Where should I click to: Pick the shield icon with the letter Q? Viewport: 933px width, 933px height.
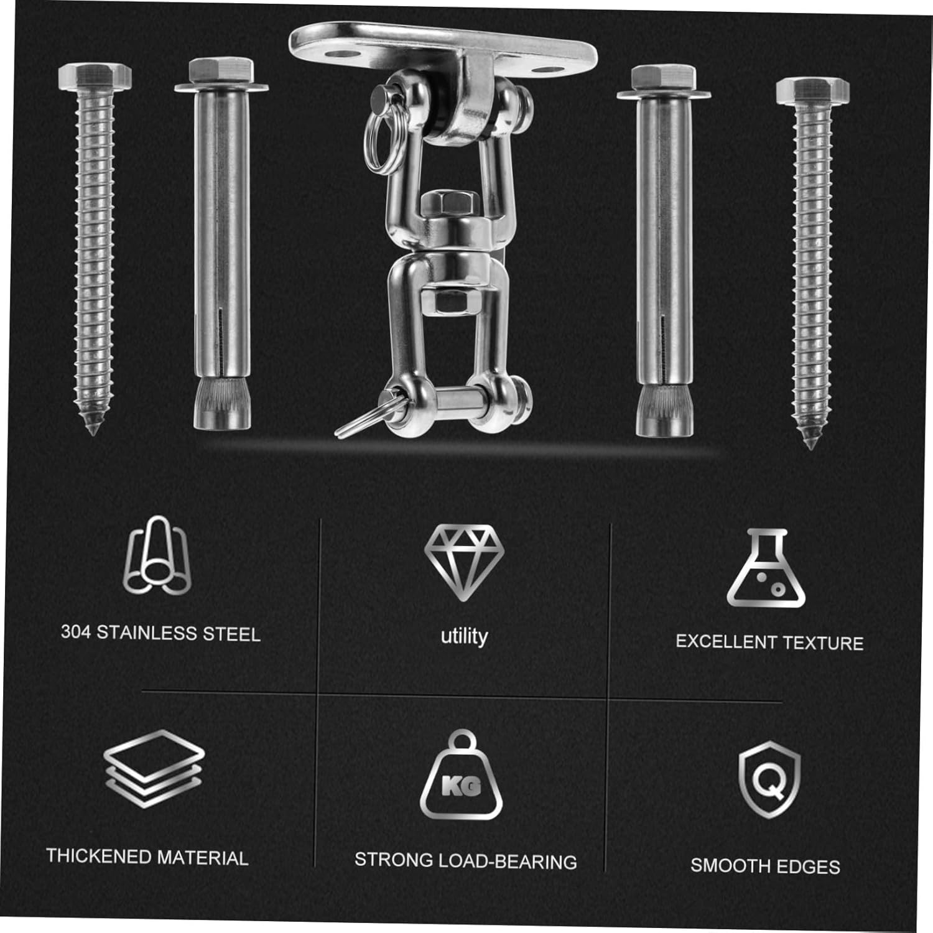[769, 780]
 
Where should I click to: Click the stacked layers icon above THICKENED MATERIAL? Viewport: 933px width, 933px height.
[154, 769]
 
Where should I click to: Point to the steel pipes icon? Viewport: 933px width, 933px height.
[157, 555]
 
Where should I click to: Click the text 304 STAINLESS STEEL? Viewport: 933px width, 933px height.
[160, 633]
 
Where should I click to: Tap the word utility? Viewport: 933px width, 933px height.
[464, 636]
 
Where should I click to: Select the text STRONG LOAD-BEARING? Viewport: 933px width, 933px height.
[466, 861]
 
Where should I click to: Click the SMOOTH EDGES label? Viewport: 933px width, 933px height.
[765, 866]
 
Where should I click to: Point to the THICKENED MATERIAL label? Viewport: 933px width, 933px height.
[147, 856]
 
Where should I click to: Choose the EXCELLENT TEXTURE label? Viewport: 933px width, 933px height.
[769, 642]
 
